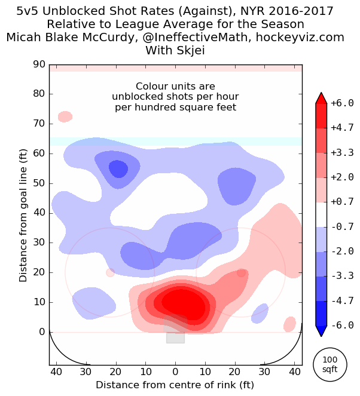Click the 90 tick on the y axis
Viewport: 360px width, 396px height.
(39, 65)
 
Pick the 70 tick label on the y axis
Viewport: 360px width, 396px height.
(39, 124)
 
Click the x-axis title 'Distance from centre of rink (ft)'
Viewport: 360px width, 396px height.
(175, 384)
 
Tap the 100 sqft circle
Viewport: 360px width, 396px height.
(330, 364)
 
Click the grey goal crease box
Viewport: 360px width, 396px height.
(175, 334)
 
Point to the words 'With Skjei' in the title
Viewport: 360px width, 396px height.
(175, 50)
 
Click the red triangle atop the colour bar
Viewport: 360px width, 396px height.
(321, 99)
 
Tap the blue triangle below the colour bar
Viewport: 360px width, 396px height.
(321, 330)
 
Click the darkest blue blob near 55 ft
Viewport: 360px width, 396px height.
(118, 169)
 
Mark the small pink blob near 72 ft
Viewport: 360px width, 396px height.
(65, 116)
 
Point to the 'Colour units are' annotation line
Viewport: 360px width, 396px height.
(175, 87)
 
